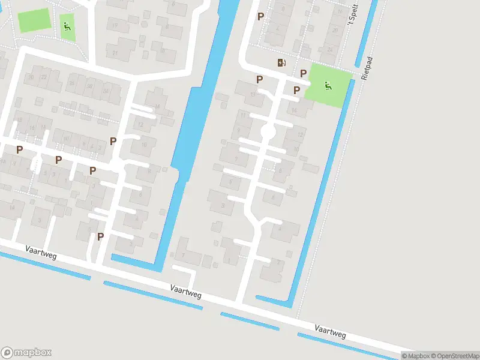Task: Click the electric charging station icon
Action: tap(281, 62)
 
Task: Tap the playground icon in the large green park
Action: tap(327, 85)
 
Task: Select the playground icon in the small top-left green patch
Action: tap(67, 26)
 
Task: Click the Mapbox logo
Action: tap(26, 352)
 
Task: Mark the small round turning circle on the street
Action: tap(268, 131)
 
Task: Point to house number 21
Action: tap(114, 53)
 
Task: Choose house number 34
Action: tap(106, 91)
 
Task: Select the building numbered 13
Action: tap(253, 94)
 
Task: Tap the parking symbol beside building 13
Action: tap(260, 79)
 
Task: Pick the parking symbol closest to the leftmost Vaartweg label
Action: tap(100, 236)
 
